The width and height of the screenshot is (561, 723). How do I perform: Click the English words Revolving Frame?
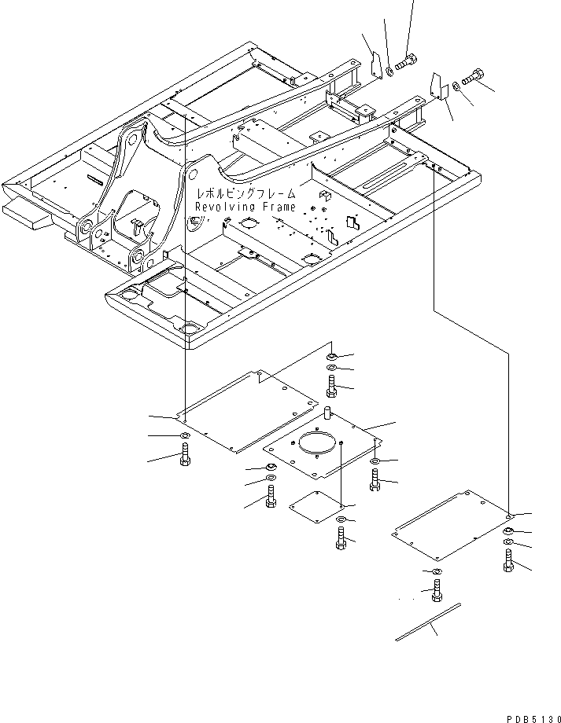tap(245, 207)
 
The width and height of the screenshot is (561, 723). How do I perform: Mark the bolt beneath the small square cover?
tap(340, 538)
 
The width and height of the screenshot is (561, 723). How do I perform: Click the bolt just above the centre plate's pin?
tap(331, 385)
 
